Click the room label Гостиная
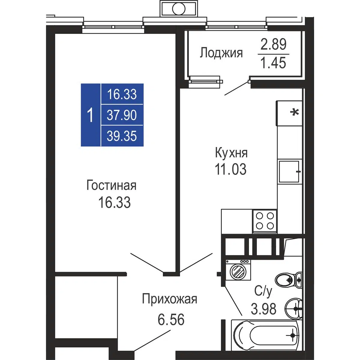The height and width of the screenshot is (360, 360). [112, 185]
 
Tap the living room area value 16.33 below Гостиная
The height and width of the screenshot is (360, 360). [115, 202]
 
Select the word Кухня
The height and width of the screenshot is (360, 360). [231, 153]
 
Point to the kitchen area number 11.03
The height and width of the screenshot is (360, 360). [231, 169]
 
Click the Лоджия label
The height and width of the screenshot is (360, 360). [221, 53]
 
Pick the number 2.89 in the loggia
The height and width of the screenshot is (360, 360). [273, 44]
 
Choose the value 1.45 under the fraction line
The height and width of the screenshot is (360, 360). [273, 63]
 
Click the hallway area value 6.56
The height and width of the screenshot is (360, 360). [171, 319]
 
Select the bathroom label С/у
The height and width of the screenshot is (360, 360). [263, 292]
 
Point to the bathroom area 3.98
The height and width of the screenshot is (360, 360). [263, 309]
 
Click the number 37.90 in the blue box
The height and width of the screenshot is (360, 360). [122, 115]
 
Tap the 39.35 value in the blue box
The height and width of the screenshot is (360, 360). [122, 136]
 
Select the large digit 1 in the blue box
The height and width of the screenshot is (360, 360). [90, 115]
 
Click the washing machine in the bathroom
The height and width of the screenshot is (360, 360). [238, 270]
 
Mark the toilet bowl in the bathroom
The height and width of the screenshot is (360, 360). [288, 280]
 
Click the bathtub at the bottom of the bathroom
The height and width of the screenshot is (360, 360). [266, 335]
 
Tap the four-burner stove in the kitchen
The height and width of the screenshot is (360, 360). [265, 221]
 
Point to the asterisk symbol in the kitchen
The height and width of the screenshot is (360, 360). [294, 112]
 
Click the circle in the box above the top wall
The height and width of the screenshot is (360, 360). [178, 9]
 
